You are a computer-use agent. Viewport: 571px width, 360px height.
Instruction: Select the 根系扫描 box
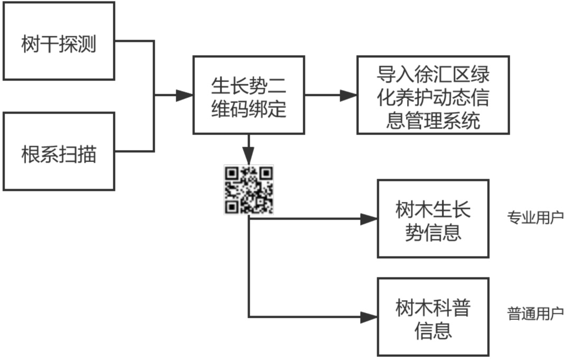point(59,151)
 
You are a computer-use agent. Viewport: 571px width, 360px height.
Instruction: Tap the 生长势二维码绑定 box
point(248,95)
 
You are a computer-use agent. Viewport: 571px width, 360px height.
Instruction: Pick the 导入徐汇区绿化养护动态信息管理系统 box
point(433,95)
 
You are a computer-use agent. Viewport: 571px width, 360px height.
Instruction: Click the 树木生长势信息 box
point(433,218)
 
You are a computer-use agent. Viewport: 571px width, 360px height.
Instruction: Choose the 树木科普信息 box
point(433,317)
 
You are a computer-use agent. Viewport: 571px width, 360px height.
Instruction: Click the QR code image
point(248,189)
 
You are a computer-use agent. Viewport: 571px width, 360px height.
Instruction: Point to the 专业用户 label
point(535,217)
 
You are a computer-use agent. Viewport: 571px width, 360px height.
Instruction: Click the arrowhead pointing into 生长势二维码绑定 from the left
point(185,95)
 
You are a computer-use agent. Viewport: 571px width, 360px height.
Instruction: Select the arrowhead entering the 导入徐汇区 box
point(348,95)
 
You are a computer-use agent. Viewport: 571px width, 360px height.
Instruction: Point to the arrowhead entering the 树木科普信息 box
point(369,317)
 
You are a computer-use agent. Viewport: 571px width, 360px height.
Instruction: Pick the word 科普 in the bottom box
point(452,307)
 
